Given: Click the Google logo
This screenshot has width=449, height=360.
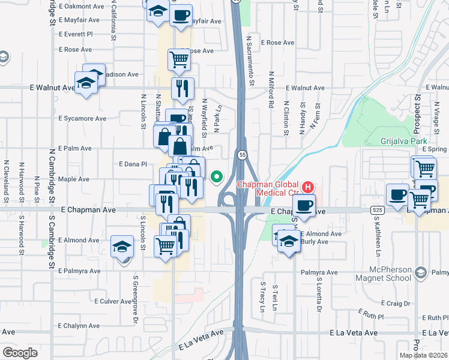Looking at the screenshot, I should point(20,353).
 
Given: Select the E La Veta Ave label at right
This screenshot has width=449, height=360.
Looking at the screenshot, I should point(354,332).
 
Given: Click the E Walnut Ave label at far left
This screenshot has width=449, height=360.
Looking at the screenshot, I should point(52,88).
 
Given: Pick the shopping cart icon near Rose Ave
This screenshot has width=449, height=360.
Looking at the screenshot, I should point(179,59).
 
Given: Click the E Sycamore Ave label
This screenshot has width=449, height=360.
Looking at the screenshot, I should point(83,118).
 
